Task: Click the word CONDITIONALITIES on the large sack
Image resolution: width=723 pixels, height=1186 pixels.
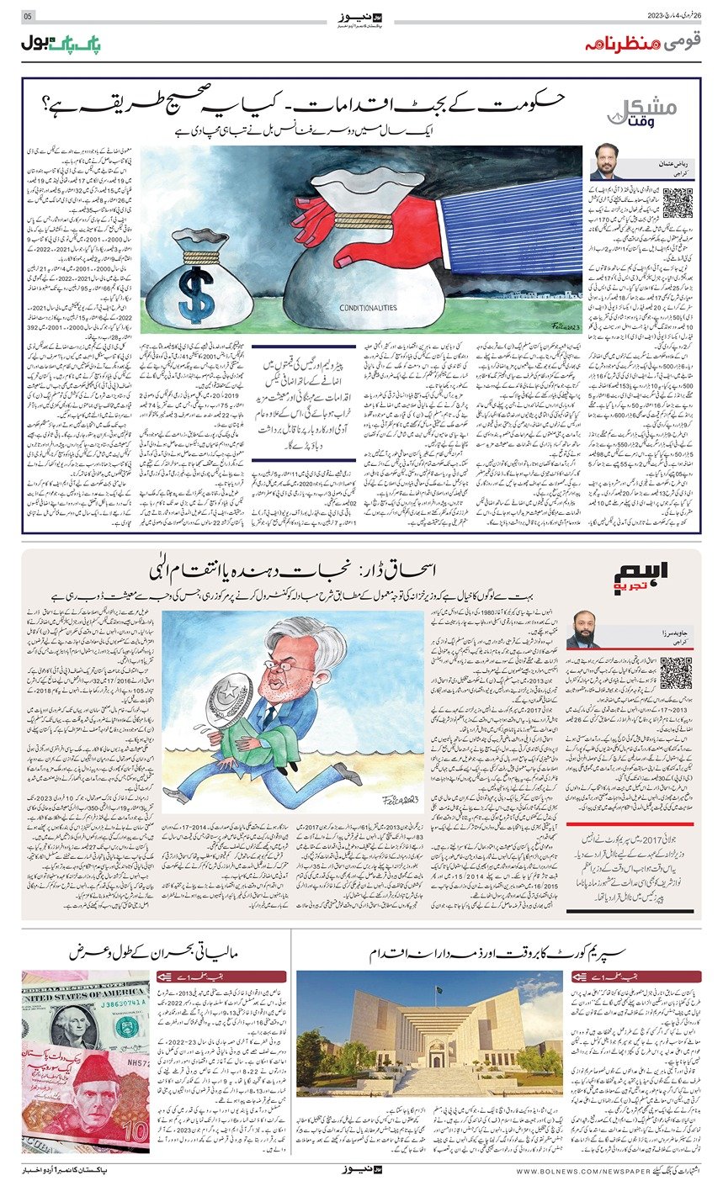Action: (x=364, y=307)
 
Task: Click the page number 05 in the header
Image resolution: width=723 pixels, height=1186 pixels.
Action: (x=28, y=16)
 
